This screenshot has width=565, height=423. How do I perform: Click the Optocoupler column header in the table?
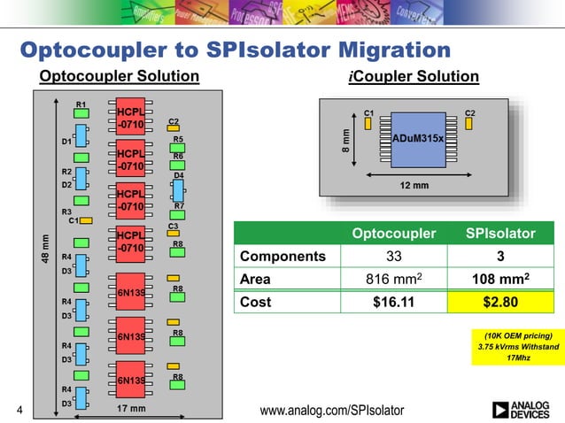(x=393, y=234)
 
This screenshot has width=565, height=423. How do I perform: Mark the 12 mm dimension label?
(x=414, y=186)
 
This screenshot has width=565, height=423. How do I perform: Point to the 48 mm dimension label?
(x=42, y=247)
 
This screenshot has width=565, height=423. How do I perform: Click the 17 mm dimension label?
(x=132, y=409)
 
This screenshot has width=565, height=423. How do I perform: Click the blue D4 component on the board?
(x=178, y=189)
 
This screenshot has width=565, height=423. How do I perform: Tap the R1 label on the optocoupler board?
(x=81, y=105)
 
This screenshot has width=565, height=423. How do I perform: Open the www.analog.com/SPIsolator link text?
(x=331, y=410)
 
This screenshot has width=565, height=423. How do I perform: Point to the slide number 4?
(x=19, y=410)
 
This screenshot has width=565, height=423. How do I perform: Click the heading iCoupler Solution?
(x=414, y=77)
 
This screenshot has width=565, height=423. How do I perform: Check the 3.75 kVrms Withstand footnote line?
(x=519, y=347)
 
